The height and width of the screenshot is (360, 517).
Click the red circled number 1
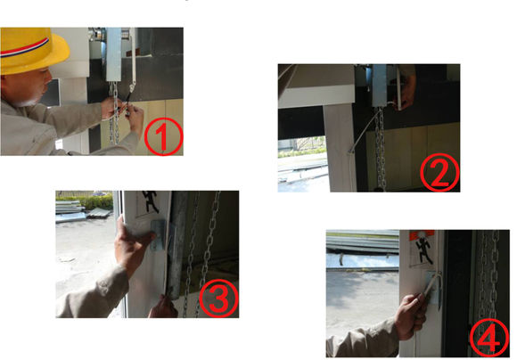[x=163, y=136]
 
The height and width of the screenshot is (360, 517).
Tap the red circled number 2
[x=439, y=172]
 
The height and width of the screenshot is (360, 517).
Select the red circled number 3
[x=218, y=299]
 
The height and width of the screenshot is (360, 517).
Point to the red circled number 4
[x=489, y=338]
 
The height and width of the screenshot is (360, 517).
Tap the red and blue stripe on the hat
[x=24, y=48]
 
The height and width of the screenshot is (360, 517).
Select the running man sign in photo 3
[x=151, y=202]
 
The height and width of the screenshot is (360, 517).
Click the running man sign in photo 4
[x=422, y=249]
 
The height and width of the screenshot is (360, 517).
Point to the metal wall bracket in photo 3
[x=159, y=234]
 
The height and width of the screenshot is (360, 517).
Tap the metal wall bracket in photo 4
[x=433, y=288]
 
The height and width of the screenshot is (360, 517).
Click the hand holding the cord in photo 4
[x=411, y=315]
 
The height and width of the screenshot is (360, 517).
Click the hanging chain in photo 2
[x=381, y=149]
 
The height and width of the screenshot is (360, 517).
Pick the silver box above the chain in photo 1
[x=114, y=54]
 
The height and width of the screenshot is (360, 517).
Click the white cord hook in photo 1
[x=132, y=87]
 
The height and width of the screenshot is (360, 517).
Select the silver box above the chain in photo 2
[x=380, y=85]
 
